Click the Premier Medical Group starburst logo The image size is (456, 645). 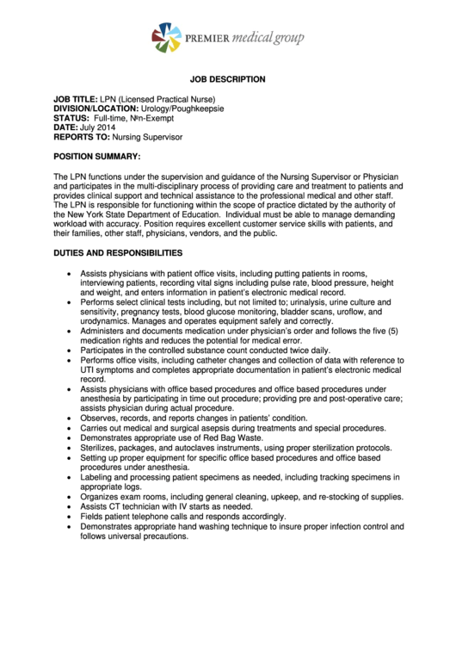tap(166, 38)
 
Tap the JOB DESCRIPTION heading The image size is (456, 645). tap(228, 79)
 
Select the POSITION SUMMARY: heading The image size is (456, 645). tap(96, 157)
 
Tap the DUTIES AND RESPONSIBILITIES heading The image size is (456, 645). tap(118, 253)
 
